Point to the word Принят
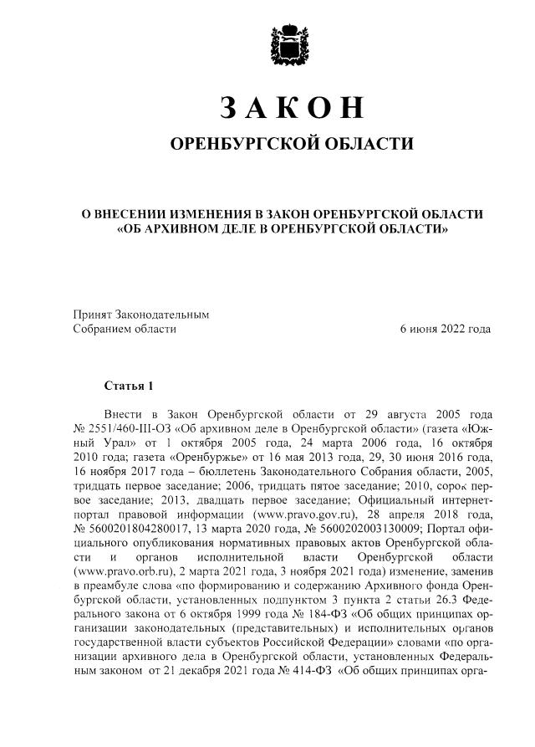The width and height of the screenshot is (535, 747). click(x=91, y=315)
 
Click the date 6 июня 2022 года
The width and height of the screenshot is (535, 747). click(x=446, y=330)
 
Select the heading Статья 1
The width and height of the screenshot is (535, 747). click(x=129, y=386)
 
